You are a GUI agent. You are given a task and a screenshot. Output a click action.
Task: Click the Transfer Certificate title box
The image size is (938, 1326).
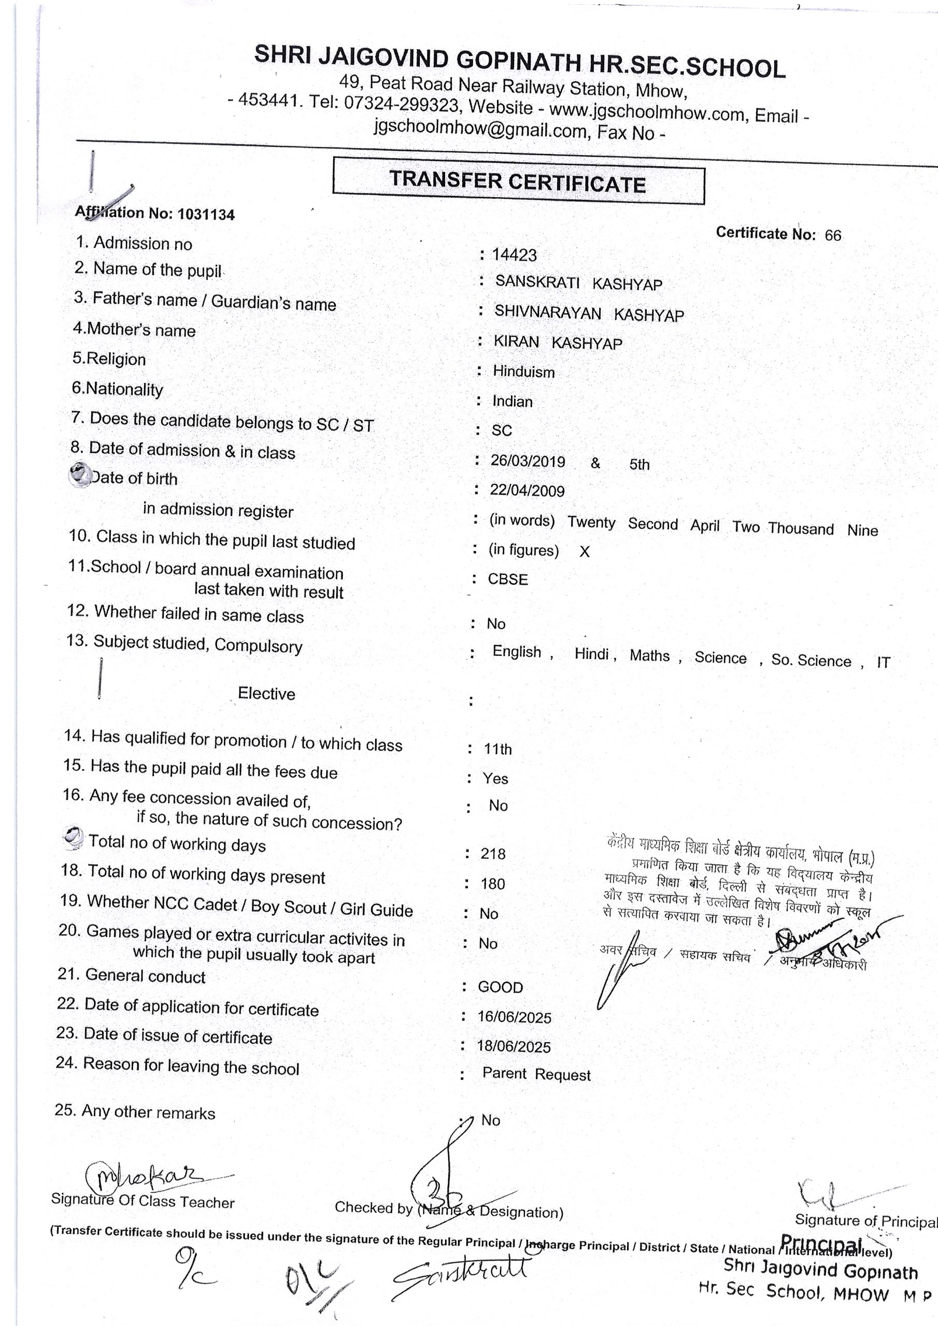click(518, 181)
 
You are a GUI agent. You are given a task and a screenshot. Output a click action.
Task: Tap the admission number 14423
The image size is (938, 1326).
click(514, 255)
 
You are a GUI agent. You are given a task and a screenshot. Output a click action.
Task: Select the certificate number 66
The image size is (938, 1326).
click(833, 235)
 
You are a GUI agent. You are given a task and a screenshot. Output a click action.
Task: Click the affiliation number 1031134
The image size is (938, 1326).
click(206, 214)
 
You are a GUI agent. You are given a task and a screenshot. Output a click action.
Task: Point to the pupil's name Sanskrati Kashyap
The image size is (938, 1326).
click(578, 283)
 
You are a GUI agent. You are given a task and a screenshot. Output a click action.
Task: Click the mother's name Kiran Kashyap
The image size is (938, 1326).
click(558, 342)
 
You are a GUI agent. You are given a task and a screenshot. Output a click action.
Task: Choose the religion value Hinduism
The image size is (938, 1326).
click(523, 372)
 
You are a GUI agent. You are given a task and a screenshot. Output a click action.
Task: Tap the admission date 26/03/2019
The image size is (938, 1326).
click(528, 461)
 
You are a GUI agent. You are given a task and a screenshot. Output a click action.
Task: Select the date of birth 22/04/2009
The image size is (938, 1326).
click(527, 491)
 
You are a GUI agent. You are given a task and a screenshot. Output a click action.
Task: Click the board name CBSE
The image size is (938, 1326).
click(508, 579)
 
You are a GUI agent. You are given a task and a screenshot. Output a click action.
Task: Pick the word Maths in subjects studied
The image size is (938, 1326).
click(650, 656)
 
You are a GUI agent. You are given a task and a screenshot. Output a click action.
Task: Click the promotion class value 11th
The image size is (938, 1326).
click(498, 749)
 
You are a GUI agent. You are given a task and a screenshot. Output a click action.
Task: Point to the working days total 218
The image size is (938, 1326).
click(493, 854)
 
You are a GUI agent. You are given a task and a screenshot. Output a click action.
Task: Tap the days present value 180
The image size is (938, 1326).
click(492, 884)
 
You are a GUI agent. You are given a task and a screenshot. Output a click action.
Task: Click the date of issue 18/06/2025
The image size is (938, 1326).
click(514, 1046)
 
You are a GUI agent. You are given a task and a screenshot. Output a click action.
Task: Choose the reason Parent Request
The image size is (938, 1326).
click(536, 1074)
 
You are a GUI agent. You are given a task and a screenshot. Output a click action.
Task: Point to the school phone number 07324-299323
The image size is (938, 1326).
click(402, 104)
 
